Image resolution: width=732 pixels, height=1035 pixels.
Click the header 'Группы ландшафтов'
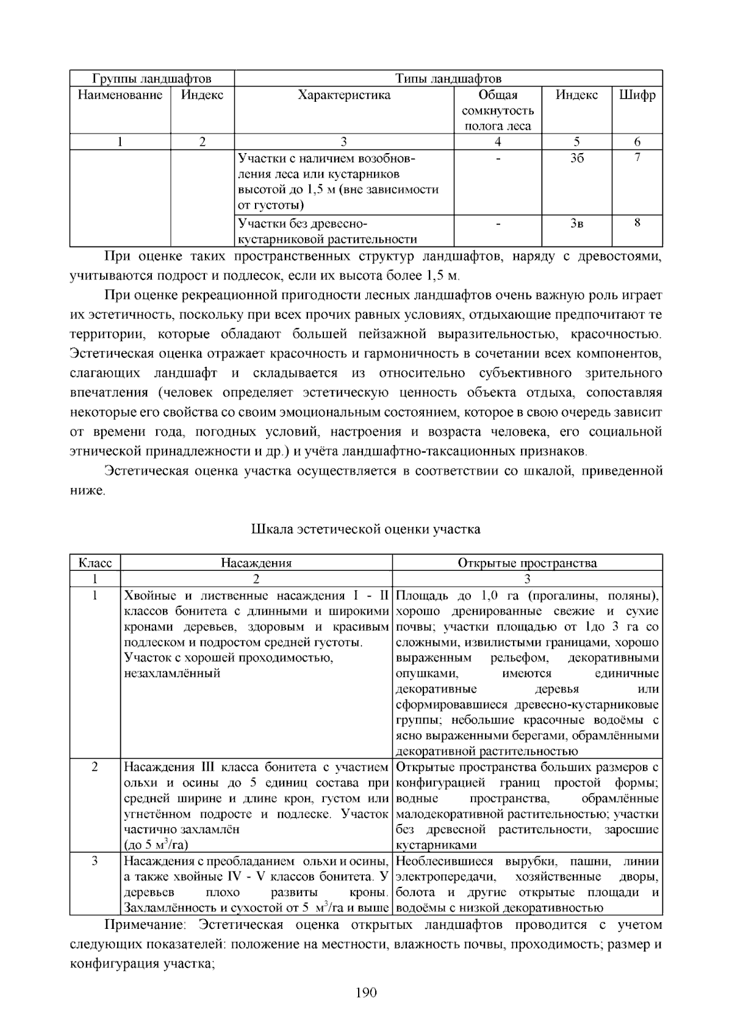click(x=151, y=79)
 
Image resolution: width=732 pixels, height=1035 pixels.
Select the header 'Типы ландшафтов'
click(x=448, y=79)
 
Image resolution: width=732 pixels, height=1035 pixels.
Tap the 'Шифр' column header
click(x=637, y=95)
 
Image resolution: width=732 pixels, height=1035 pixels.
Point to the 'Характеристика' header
click(x=344, y=95)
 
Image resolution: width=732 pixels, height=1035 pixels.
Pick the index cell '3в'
click(x=576, y=223)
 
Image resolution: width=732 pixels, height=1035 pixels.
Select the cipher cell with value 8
click(x=637, y=223)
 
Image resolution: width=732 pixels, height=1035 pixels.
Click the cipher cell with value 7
click(x=637, y=157)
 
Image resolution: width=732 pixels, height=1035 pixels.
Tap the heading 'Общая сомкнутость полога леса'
click(x=498, y=110)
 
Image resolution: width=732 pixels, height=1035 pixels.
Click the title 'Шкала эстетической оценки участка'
click(x=366, y=529)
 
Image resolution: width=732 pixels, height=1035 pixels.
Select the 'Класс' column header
click(x=95, y=562)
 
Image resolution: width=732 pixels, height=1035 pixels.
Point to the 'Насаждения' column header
click(x=256, y=562)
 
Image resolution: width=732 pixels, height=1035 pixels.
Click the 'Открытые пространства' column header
click(x=527, y=562)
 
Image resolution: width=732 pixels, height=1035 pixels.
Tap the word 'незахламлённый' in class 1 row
click(x=172, y=674)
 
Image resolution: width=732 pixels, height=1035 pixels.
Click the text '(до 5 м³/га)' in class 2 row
click(x=156, y=845)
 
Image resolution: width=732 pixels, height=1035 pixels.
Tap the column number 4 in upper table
click(x=498, y=142)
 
